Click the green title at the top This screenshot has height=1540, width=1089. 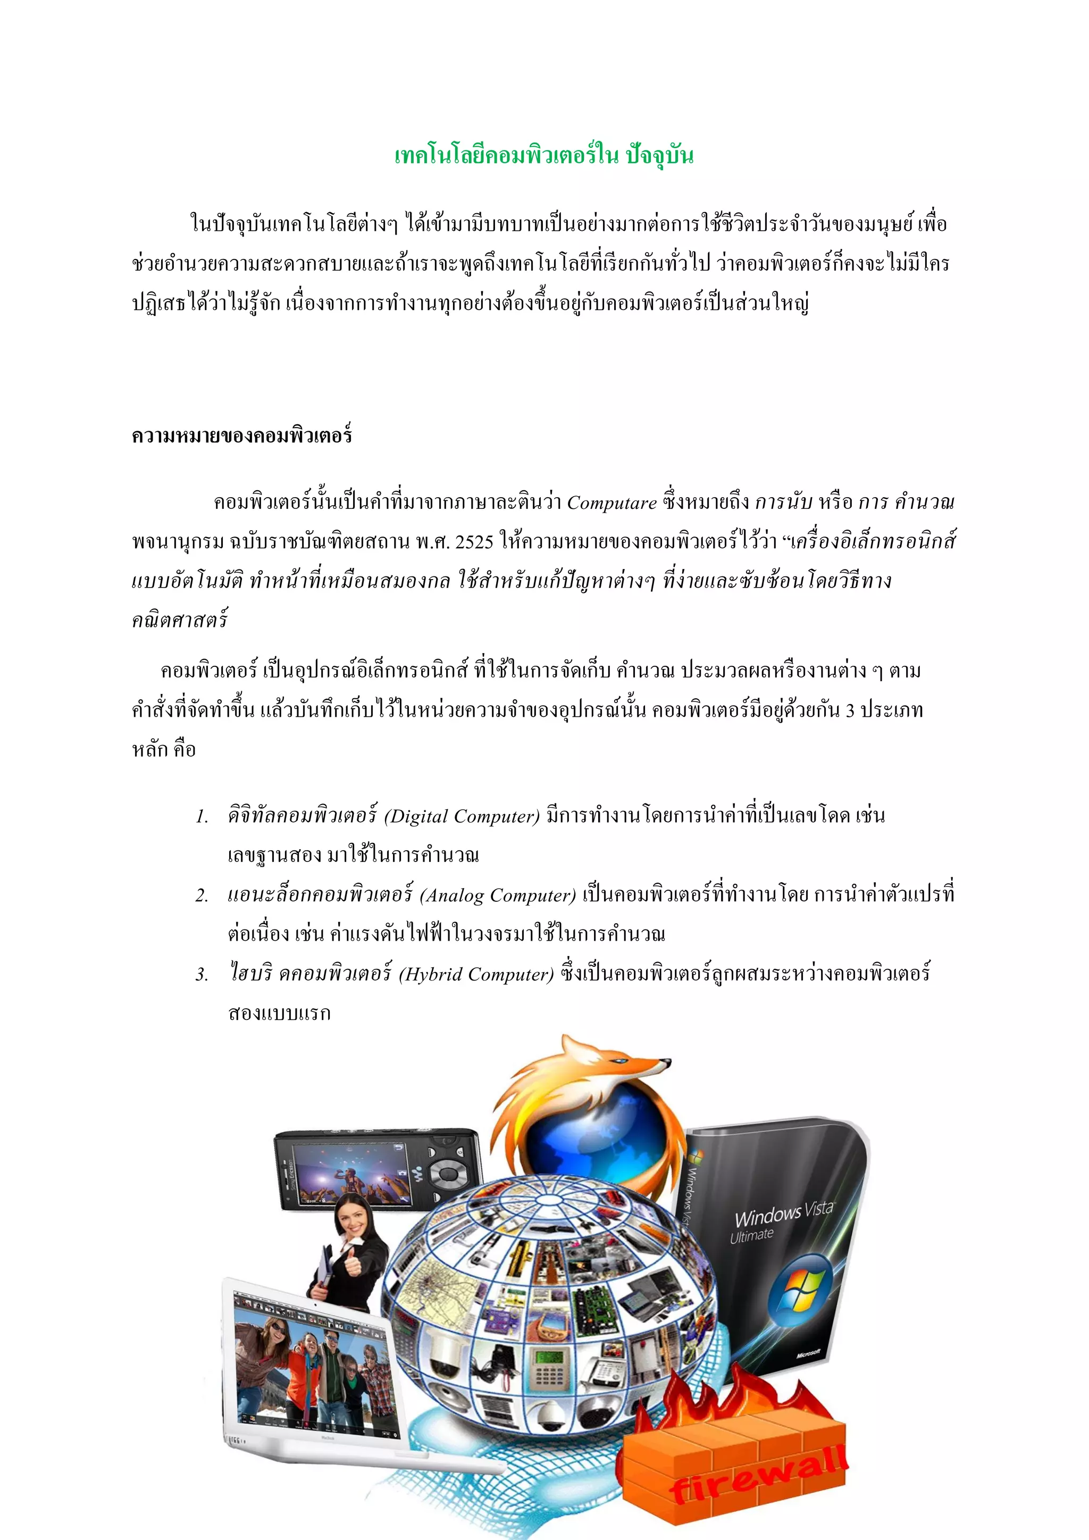(544, 156)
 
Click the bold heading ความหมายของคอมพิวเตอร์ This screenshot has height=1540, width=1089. (242, 436)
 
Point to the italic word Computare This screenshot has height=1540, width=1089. (611, 503)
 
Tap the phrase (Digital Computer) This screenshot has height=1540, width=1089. (462, 816)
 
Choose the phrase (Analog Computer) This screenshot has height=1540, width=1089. (498, 895)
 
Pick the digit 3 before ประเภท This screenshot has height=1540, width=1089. (850, 711)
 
